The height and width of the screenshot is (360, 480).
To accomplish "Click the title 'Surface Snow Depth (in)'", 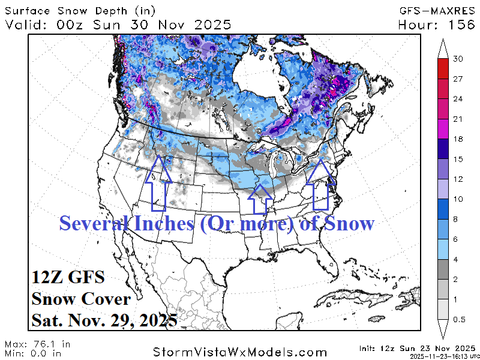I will click(x=71, y=10).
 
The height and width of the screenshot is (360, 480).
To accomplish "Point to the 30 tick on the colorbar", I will click(x=459, y=59).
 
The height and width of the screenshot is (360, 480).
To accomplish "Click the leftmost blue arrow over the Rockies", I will click(x=158, y=183).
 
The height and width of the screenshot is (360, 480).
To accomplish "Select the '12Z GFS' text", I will click(x=68, y=278).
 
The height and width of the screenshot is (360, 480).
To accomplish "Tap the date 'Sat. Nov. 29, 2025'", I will click(x=104, y=319).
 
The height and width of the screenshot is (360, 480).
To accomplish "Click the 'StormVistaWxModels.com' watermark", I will click(x=240, y=352).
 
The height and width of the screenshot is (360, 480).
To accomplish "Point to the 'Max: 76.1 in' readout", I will click(x=37, y=344).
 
